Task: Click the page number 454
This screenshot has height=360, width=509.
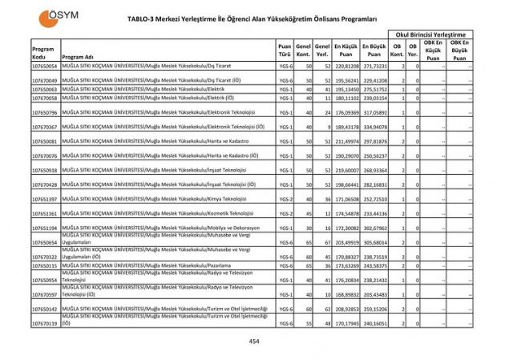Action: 254,342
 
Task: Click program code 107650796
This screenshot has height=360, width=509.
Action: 44,113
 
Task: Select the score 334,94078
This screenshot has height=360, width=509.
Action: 374,127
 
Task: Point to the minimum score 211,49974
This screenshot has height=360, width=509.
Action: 345,141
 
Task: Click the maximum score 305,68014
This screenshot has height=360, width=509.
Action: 374,242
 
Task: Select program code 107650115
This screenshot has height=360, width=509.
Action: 44,265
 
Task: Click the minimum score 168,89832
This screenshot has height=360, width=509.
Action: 345,294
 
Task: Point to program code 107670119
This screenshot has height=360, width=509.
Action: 44,323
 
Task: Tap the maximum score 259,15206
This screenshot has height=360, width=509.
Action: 374,309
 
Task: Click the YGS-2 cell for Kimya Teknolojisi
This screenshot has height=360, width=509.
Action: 285,199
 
